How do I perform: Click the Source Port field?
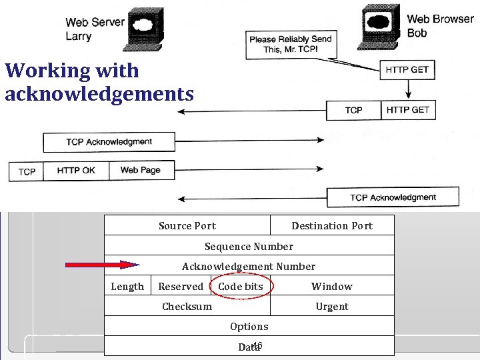pyautogui.click(x=187, y=226)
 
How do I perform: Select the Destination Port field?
pyautogui.click(x=331, y=226)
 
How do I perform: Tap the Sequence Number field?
pyautogui.click(x=249, y=246)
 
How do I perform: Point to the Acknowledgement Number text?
pyautogui.click(x=249, y=267)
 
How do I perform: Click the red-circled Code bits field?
pyautogui.click(x=241, y=287)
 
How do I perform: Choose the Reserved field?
pyautogui.click(x=181, y=287)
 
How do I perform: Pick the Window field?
pyautogui.click(x=331, y=287)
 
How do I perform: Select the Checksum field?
pyautogui.click(x=187, y=307)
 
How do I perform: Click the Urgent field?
pyautogui.click(x=331, y=307)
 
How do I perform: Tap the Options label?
pyautogui.click(x=249, y=326)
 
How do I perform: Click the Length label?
pyautogui.click(x=127, y=287)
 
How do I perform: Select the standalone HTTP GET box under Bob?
pyautogui.click(x=407, y=69)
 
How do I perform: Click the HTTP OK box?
pyautogui.click(x=76, y=171)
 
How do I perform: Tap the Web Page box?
pyautogui.click(x=141, y=170)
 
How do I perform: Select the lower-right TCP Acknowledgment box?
pyautogui.click(x=393, y=197)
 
